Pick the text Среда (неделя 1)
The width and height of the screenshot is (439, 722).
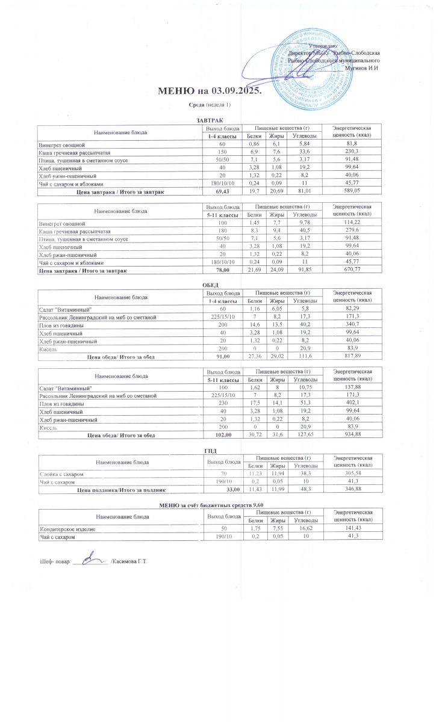210,105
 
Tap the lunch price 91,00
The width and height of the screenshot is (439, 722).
223,357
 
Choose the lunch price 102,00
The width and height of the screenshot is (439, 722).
223,434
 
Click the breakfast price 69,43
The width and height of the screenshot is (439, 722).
223,191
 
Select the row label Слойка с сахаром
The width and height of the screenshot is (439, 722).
61,475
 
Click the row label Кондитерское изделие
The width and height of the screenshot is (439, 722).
67,528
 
